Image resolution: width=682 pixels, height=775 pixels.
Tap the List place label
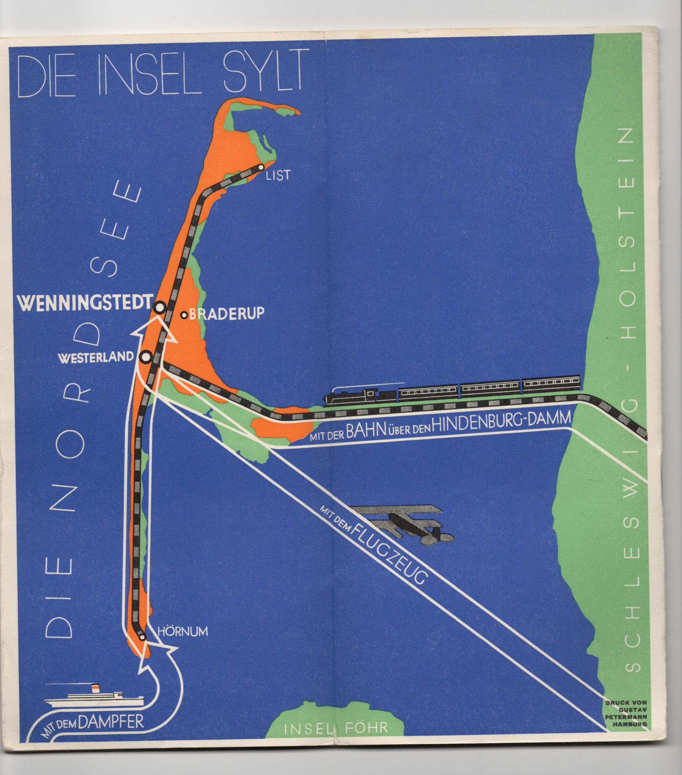tap(278, 175)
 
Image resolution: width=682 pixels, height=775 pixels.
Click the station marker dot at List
tap(261, 167)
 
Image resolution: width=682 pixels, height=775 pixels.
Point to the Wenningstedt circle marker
tap(160, 307)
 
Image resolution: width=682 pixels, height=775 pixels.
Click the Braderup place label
tap(226, 314)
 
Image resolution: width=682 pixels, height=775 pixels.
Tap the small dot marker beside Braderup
tap(184, 315)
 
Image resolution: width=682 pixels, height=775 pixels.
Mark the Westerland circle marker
tap(145, 356)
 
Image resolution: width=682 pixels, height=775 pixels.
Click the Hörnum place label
tap(183, 631)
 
